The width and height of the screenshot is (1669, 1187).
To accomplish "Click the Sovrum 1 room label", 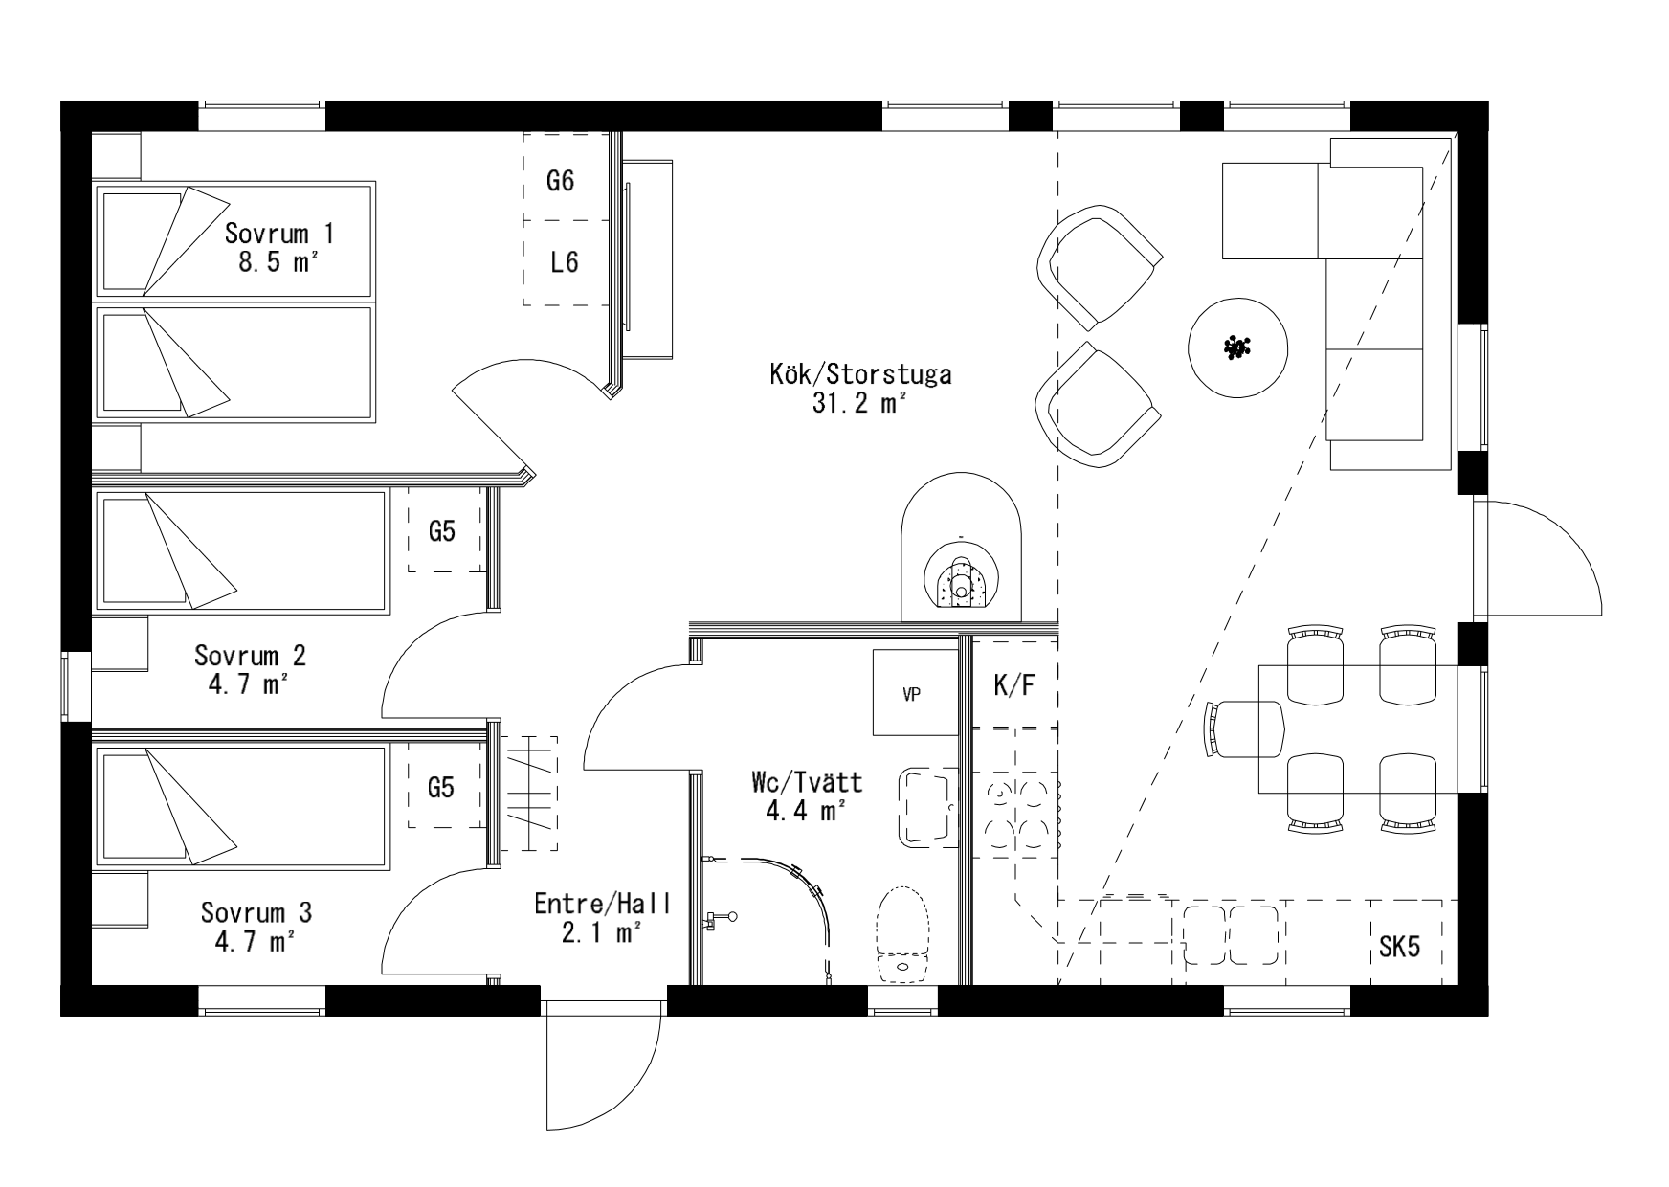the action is click(280, 234).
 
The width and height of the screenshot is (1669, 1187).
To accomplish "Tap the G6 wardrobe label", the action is click(561, 180).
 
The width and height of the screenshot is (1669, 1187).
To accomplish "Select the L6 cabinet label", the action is click(565, 261).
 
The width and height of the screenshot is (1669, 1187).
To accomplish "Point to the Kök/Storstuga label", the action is click(860, 373).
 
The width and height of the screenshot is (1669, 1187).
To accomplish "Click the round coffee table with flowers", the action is click(1237, 347).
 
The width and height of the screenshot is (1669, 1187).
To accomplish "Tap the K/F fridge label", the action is click(1014, 685).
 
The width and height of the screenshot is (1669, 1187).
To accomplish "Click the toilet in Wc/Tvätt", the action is click(904, 935).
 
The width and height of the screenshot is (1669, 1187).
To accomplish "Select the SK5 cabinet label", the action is click(1400, 948).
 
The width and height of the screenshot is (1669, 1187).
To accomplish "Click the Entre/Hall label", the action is click(603, 904).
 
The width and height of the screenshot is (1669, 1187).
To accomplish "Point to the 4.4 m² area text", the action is click(805, 812).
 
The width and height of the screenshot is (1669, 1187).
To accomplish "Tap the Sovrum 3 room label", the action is click(256, 912).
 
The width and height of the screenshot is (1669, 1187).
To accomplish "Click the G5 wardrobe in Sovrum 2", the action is click(442, 530).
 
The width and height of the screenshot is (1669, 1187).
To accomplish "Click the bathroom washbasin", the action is click(928, 807).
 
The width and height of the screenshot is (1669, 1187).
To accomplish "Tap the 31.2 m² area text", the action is click(859, 403).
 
